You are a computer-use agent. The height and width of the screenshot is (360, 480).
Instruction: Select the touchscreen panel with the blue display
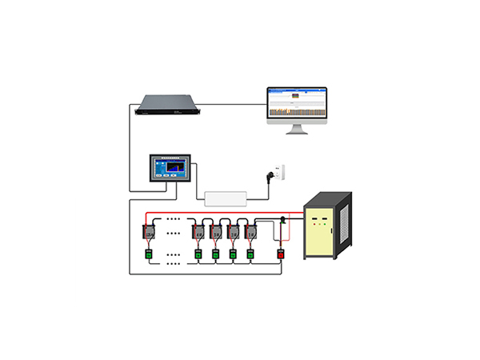click(x=168, y=169)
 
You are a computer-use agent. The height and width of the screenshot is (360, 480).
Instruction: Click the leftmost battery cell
click(x=149, y=233)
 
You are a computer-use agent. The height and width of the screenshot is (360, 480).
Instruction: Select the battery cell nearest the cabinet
click(x=251, y=233)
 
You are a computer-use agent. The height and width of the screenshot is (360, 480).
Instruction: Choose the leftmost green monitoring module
click(x=149, y=254)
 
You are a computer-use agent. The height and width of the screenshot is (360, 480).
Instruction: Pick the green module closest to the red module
click(x=251, y=254)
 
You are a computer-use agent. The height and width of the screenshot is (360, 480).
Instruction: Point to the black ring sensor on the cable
click(x=282, y=220)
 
